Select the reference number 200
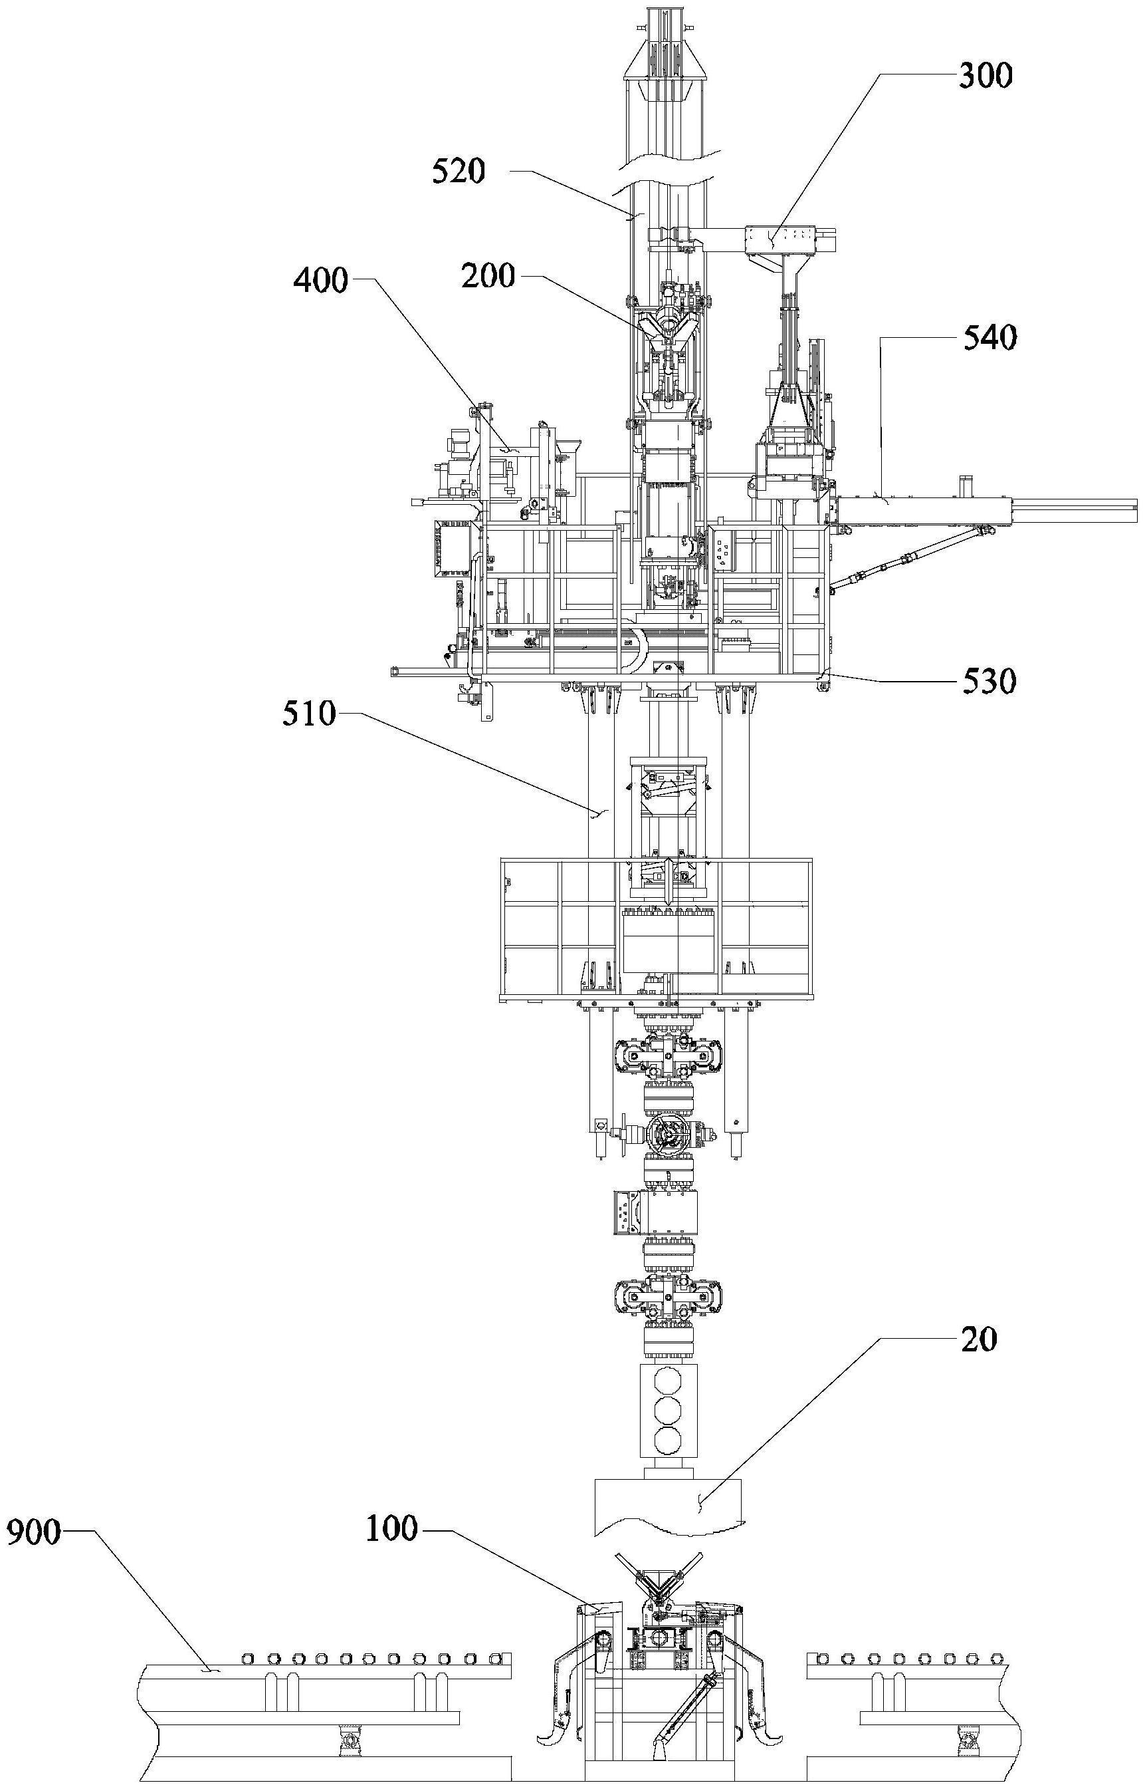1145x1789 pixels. [488, 277]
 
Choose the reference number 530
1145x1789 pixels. [989, 682]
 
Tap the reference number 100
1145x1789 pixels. [392, 1530]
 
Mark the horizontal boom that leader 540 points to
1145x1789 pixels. [985, 509]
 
